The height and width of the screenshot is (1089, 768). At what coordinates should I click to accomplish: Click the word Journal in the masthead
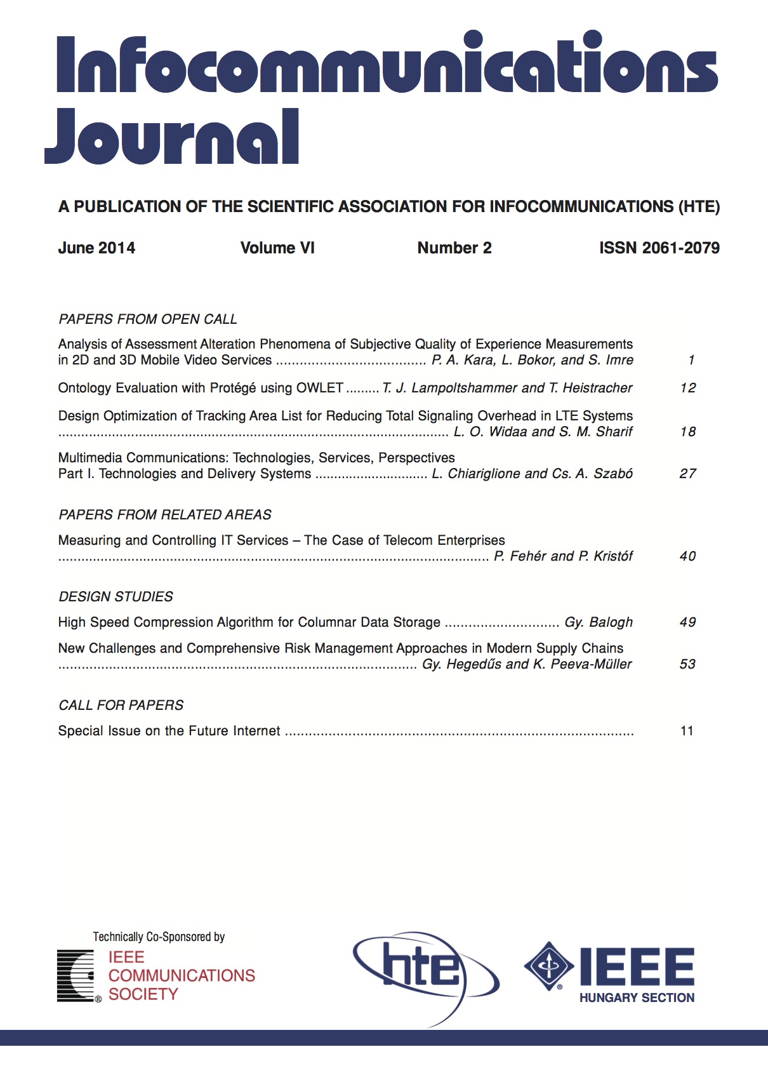point(171,137)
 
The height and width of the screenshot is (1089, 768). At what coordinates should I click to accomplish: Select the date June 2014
point(96,248)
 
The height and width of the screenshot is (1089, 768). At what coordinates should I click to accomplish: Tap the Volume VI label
point(277,248)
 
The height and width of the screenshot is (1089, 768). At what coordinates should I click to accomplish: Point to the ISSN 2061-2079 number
point(659,248)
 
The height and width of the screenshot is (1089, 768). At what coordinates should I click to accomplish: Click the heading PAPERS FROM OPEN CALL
point(148,319)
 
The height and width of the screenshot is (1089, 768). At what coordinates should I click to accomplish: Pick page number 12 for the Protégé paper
point(688,388)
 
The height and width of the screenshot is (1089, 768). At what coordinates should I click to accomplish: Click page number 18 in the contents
point(688,432)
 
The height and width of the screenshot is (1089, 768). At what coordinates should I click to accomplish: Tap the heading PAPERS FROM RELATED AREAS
point(165,514)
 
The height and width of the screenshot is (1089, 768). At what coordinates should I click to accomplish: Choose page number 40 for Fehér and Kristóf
point(688,556)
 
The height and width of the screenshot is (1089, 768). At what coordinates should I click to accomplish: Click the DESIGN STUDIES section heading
point(116,597)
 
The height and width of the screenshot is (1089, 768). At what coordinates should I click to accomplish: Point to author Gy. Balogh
point(599,622)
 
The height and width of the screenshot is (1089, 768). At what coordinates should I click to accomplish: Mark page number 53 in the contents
point(688,664)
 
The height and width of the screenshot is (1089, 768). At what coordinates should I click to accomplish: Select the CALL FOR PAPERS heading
point(121,705)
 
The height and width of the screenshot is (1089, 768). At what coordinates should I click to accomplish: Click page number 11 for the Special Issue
point(687,731)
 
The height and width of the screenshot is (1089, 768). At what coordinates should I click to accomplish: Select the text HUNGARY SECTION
point(637,998)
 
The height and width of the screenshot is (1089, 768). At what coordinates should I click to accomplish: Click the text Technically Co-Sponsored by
point(159,937)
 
